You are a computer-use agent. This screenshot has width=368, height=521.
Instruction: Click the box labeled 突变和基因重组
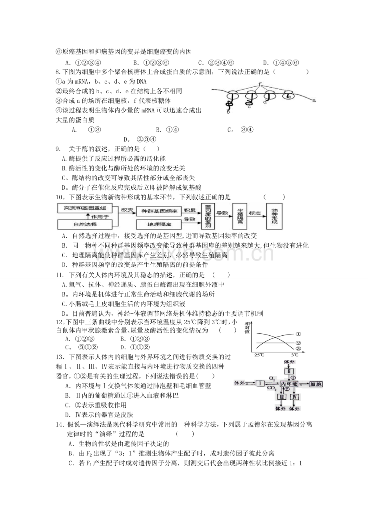(85, 208)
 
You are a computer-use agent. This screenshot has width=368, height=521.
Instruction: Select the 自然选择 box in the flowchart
(85, 224)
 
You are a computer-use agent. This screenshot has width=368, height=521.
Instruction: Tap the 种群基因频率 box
(159, 211)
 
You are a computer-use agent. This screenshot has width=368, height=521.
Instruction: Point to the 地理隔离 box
(159, 224)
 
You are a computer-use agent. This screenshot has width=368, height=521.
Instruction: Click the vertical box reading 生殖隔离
(240, 216)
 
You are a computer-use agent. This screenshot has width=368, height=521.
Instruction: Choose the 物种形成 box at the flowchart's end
(274, 216)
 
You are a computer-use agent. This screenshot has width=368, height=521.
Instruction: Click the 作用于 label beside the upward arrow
(100, 217)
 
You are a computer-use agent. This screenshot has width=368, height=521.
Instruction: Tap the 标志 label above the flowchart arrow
(255, 213)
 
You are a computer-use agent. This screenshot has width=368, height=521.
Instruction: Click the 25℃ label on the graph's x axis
(259, 355)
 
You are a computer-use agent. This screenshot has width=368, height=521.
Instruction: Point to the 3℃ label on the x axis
(294, 355)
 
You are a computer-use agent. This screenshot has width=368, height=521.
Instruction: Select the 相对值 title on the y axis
(247, 328)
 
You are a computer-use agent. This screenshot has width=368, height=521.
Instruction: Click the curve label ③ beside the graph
(298, 349)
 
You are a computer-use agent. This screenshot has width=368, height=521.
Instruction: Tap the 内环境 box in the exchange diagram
(289, 384)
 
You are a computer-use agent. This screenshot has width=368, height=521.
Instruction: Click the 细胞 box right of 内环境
(316, 384)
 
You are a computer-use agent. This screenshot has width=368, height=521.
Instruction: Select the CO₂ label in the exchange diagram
(272, 388)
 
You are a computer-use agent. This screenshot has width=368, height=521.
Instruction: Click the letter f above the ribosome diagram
(260, 84)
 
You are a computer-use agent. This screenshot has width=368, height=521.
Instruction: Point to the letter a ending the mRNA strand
(314, 100)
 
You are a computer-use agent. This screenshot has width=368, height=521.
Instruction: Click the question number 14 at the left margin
(60, 425)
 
